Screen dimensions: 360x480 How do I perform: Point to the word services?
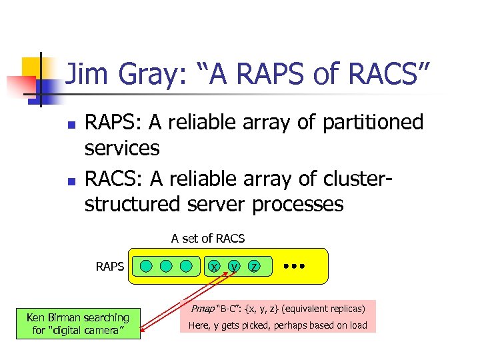(122, 147)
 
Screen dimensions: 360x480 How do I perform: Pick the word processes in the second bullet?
(297, 204)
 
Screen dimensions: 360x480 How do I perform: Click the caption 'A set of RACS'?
(208, 238)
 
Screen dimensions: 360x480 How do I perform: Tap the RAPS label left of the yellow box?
(110, 267)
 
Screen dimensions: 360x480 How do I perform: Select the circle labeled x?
(214, 267)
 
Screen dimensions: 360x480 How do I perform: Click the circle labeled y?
(234, 267)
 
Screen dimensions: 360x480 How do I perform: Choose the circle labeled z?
(254, 267)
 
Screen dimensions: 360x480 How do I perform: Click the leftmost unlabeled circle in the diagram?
(146, 267)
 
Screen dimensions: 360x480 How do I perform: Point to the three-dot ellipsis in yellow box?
(293, 266)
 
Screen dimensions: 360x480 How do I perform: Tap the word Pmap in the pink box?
(202, 309)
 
